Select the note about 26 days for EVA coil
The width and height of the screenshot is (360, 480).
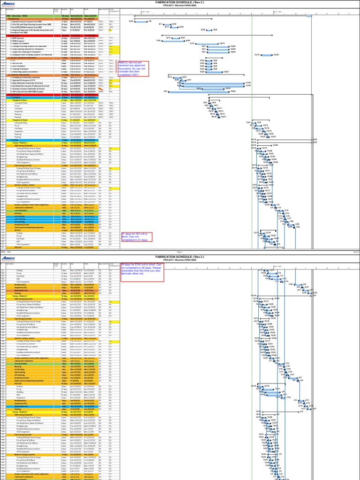142,270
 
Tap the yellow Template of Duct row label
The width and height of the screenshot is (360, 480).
20,100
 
